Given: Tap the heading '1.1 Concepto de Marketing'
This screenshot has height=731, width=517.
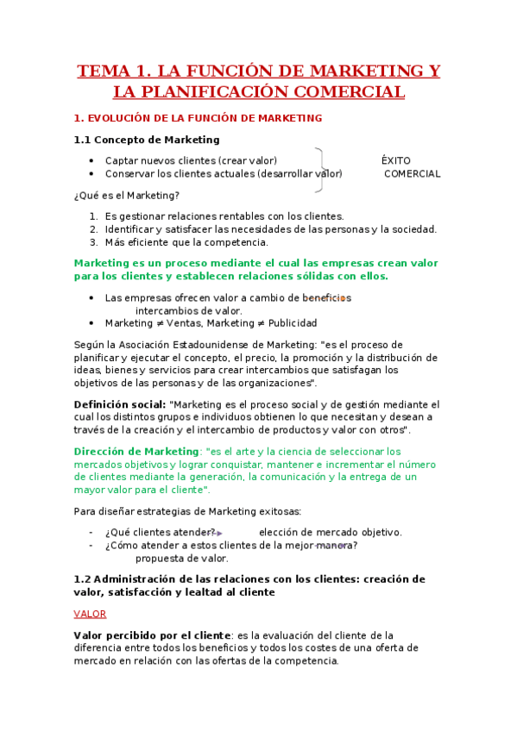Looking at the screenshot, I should coord(147,140).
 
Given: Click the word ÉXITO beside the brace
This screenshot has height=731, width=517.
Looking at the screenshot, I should coord(396,161).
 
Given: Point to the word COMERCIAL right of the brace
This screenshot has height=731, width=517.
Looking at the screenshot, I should coord(412,174).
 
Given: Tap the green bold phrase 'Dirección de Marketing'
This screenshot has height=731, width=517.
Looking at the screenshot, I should coord(136,452).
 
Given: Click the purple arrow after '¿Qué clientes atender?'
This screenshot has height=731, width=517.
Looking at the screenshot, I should coord(218,533).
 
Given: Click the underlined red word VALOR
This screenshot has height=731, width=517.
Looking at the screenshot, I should coord(90,614).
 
